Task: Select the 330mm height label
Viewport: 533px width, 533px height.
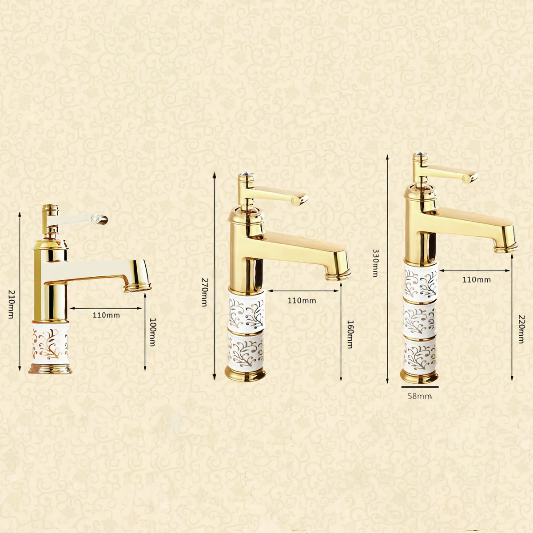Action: [x=375, y=263]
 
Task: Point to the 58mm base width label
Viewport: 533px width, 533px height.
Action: [x=420, y=396]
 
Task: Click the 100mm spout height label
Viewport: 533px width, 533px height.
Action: [x=152, y=332]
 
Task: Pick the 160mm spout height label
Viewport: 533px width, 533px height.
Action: [x=350, y=334]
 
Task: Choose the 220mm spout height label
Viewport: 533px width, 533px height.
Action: [x=521, y=329]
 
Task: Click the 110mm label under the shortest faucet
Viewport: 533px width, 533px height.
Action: [x=106, y=315]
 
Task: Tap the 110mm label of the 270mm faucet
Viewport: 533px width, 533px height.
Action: [x=302, y=300]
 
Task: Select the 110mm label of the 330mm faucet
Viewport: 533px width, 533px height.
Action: [x=477, y=280]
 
